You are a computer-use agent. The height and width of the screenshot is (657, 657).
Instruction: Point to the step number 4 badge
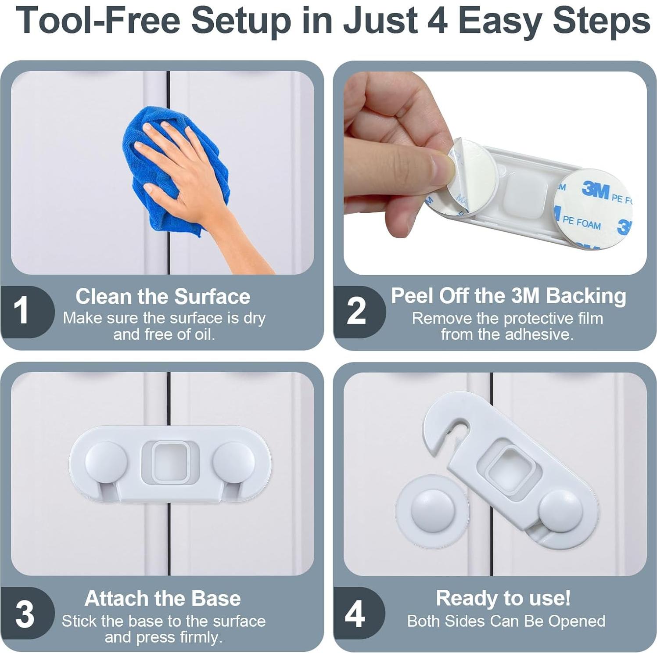click(358, 613)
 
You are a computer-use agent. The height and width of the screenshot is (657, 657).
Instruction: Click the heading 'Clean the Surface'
click(163, 296)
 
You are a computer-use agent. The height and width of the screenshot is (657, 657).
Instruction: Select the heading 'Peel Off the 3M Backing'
click(508, 296)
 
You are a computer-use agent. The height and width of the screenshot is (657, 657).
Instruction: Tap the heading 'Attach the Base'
click(163, 598)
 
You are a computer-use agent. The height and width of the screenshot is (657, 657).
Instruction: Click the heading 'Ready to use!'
click(503, 598)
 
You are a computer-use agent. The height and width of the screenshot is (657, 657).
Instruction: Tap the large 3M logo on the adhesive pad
click(596, 190)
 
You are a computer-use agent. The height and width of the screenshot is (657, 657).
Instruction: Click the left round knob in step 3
click(106, 463)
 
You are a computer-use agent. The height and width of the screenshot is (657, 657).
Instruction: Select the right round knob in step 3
click(233, 463)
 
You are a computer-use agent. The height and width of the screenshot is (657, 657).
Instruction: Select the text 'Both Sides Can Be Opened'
click(506, 621)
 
